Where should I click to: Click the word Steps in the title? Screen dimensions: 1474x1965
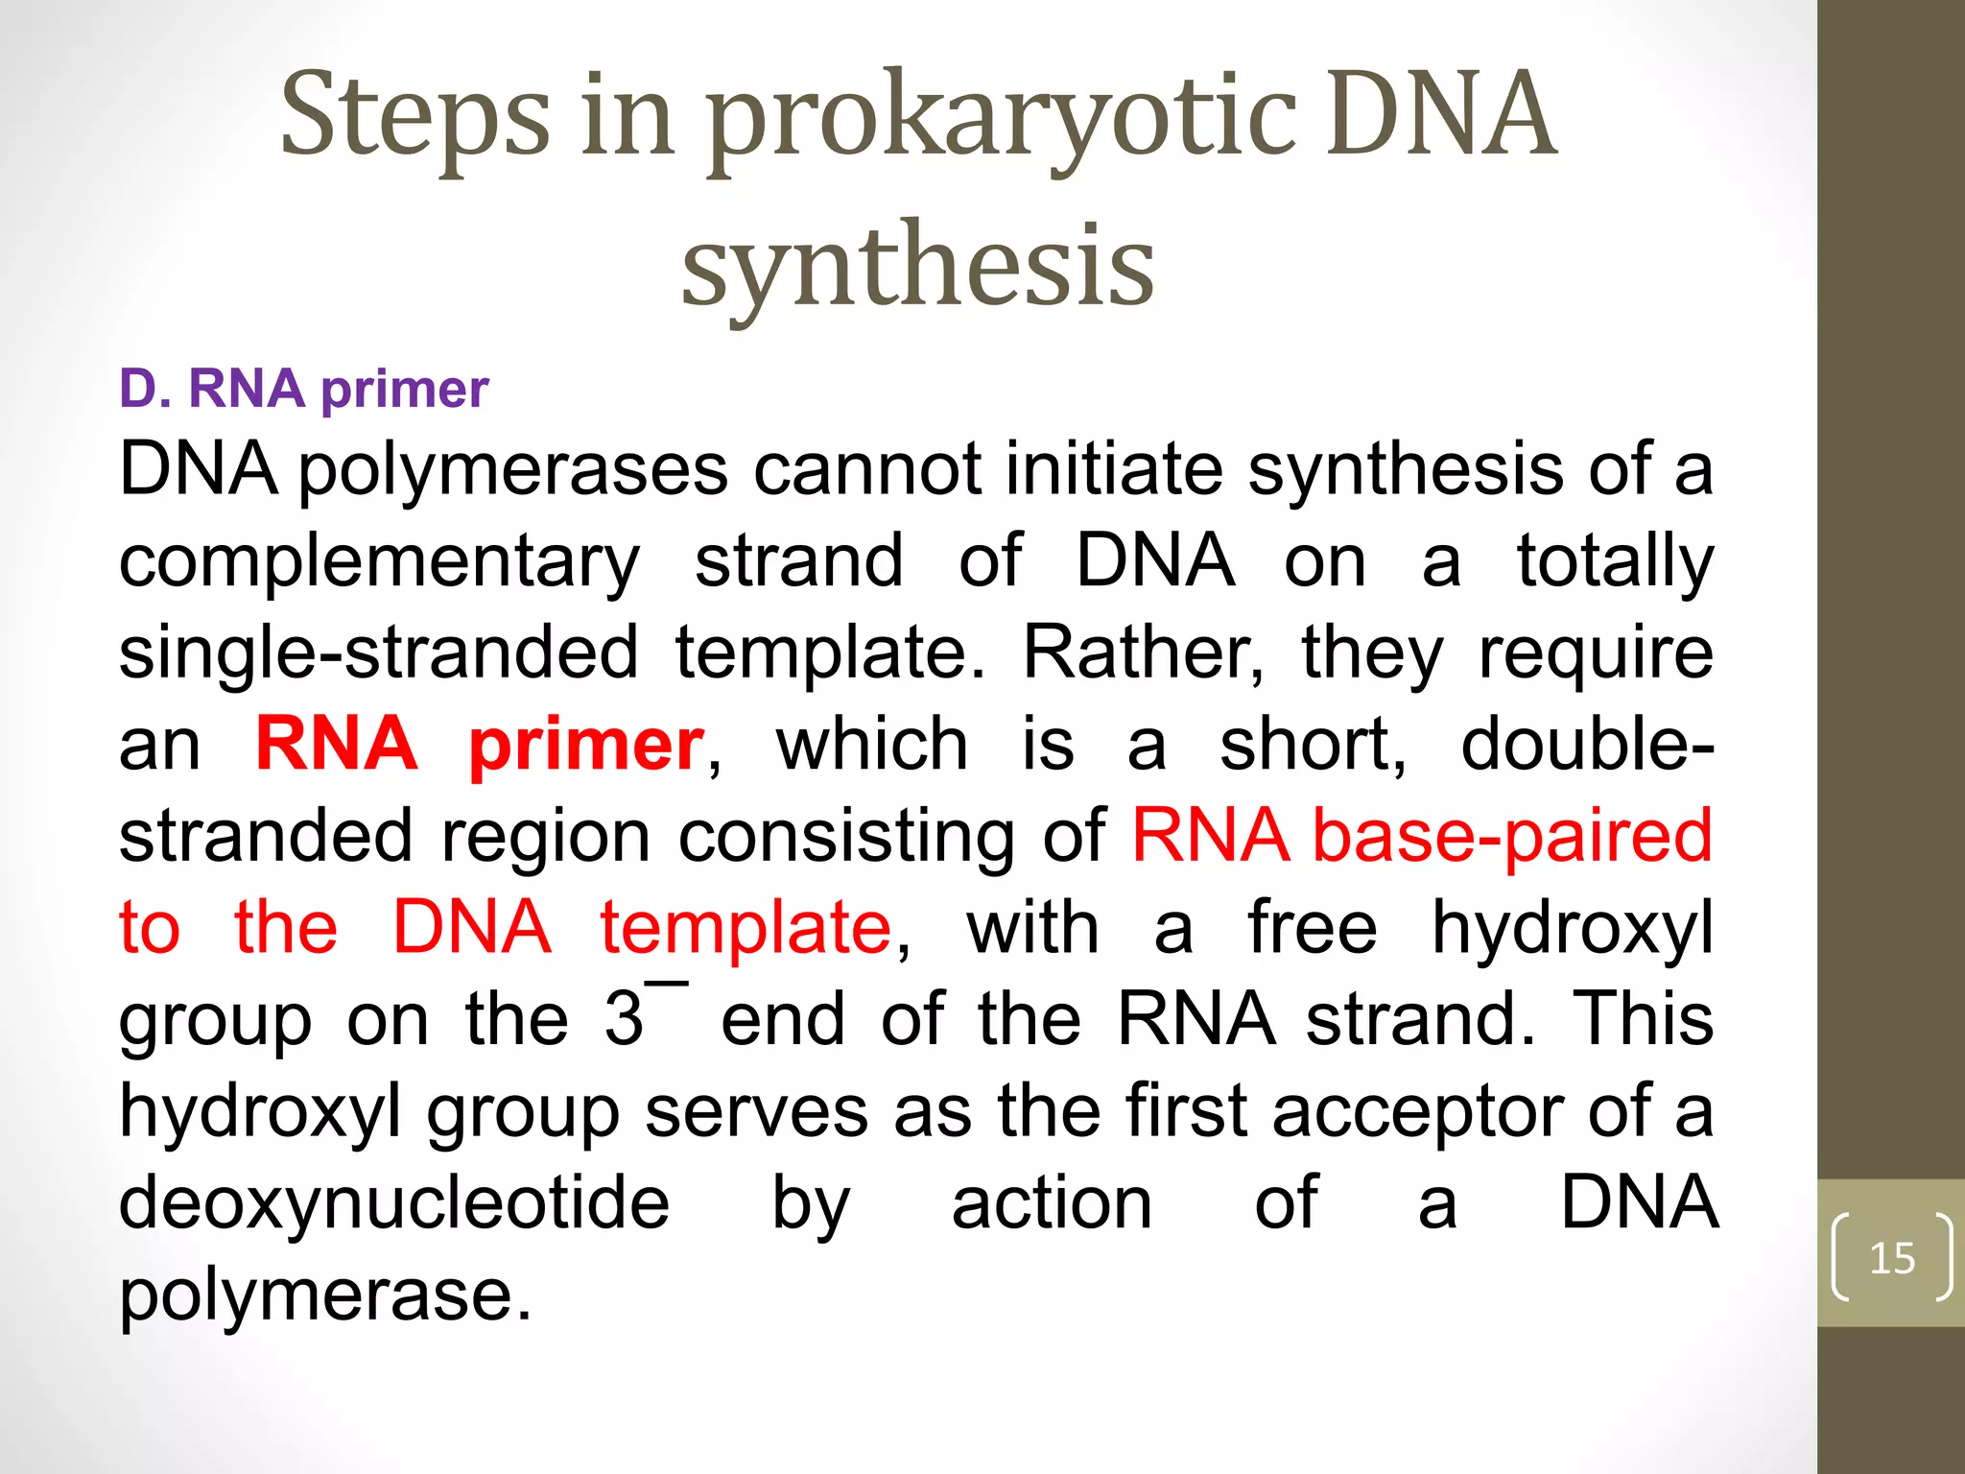[414, 117]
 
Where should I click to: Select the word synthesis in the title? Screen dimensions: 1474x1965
[917, 265]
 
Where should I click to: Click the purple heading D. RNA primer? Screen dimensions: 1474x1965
[303, 389]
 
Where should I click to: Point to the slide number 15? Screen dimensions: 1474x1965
[1892, 1258]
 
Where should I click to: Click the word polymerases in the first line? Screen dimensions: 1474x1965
[513, 470]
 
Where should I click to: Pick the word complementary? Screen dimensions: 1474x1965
[379, 562]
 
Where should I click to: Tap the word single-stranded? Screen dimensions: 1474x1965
[378, 653]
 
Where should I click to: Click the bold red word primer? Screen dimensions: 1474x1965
[586, 745]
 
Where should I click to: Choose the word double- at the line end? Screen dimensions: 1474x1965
[1586, 745]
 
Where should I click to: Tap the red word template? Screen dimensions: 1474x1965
[746, 929]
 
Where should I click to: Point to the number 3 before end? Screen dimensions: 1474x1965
[624, 1019]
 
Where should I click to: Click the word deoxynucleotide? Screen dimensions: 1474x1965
[393, 1203]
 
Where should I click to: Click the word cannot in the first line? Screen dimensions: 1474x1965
[866, 470]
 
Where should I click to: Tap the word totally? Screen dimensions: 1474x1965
[1615, 562]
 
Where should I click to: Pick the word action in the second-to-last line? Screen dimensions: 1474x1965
[1052, 1203]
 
